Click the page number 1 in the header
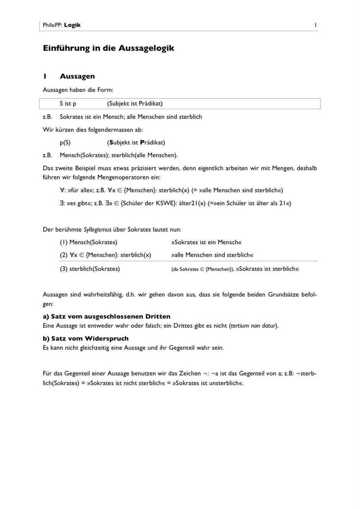315,25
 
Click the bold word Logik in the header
72,25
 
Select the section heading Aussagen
77,76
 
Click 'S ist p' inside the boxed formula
68,104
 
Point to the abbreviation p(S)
65,142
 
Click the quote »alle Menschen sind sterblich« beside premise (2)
212,255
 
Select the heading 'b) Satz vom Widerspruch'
85,339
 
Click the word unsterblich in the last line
224,383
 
